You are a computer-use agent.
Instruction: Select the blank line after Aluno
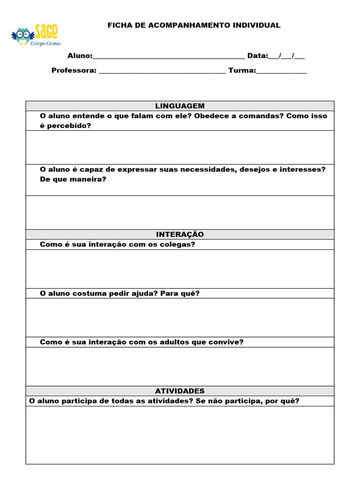click(x=169, y=57)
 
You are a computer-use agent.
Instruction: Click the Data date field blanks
click(x=286, y=56)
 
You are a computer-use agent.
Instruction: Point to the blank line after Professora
click(x=162, y=71)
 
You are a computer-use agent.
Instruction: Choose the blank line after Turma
click(x=281, y=71)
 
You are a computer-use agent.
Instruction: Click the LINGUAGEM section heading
click(x=180, y=106)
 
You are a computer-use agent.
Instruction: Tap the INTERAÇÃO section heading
click(x=180, y=234)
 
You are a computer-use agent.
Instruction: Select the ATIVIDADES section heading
click(x=180, y=391)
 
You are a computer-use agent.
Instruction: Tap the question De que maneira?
click(x=73, y=179)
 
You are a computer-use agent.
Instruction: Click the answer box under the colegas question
click(x=180, y=269)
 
